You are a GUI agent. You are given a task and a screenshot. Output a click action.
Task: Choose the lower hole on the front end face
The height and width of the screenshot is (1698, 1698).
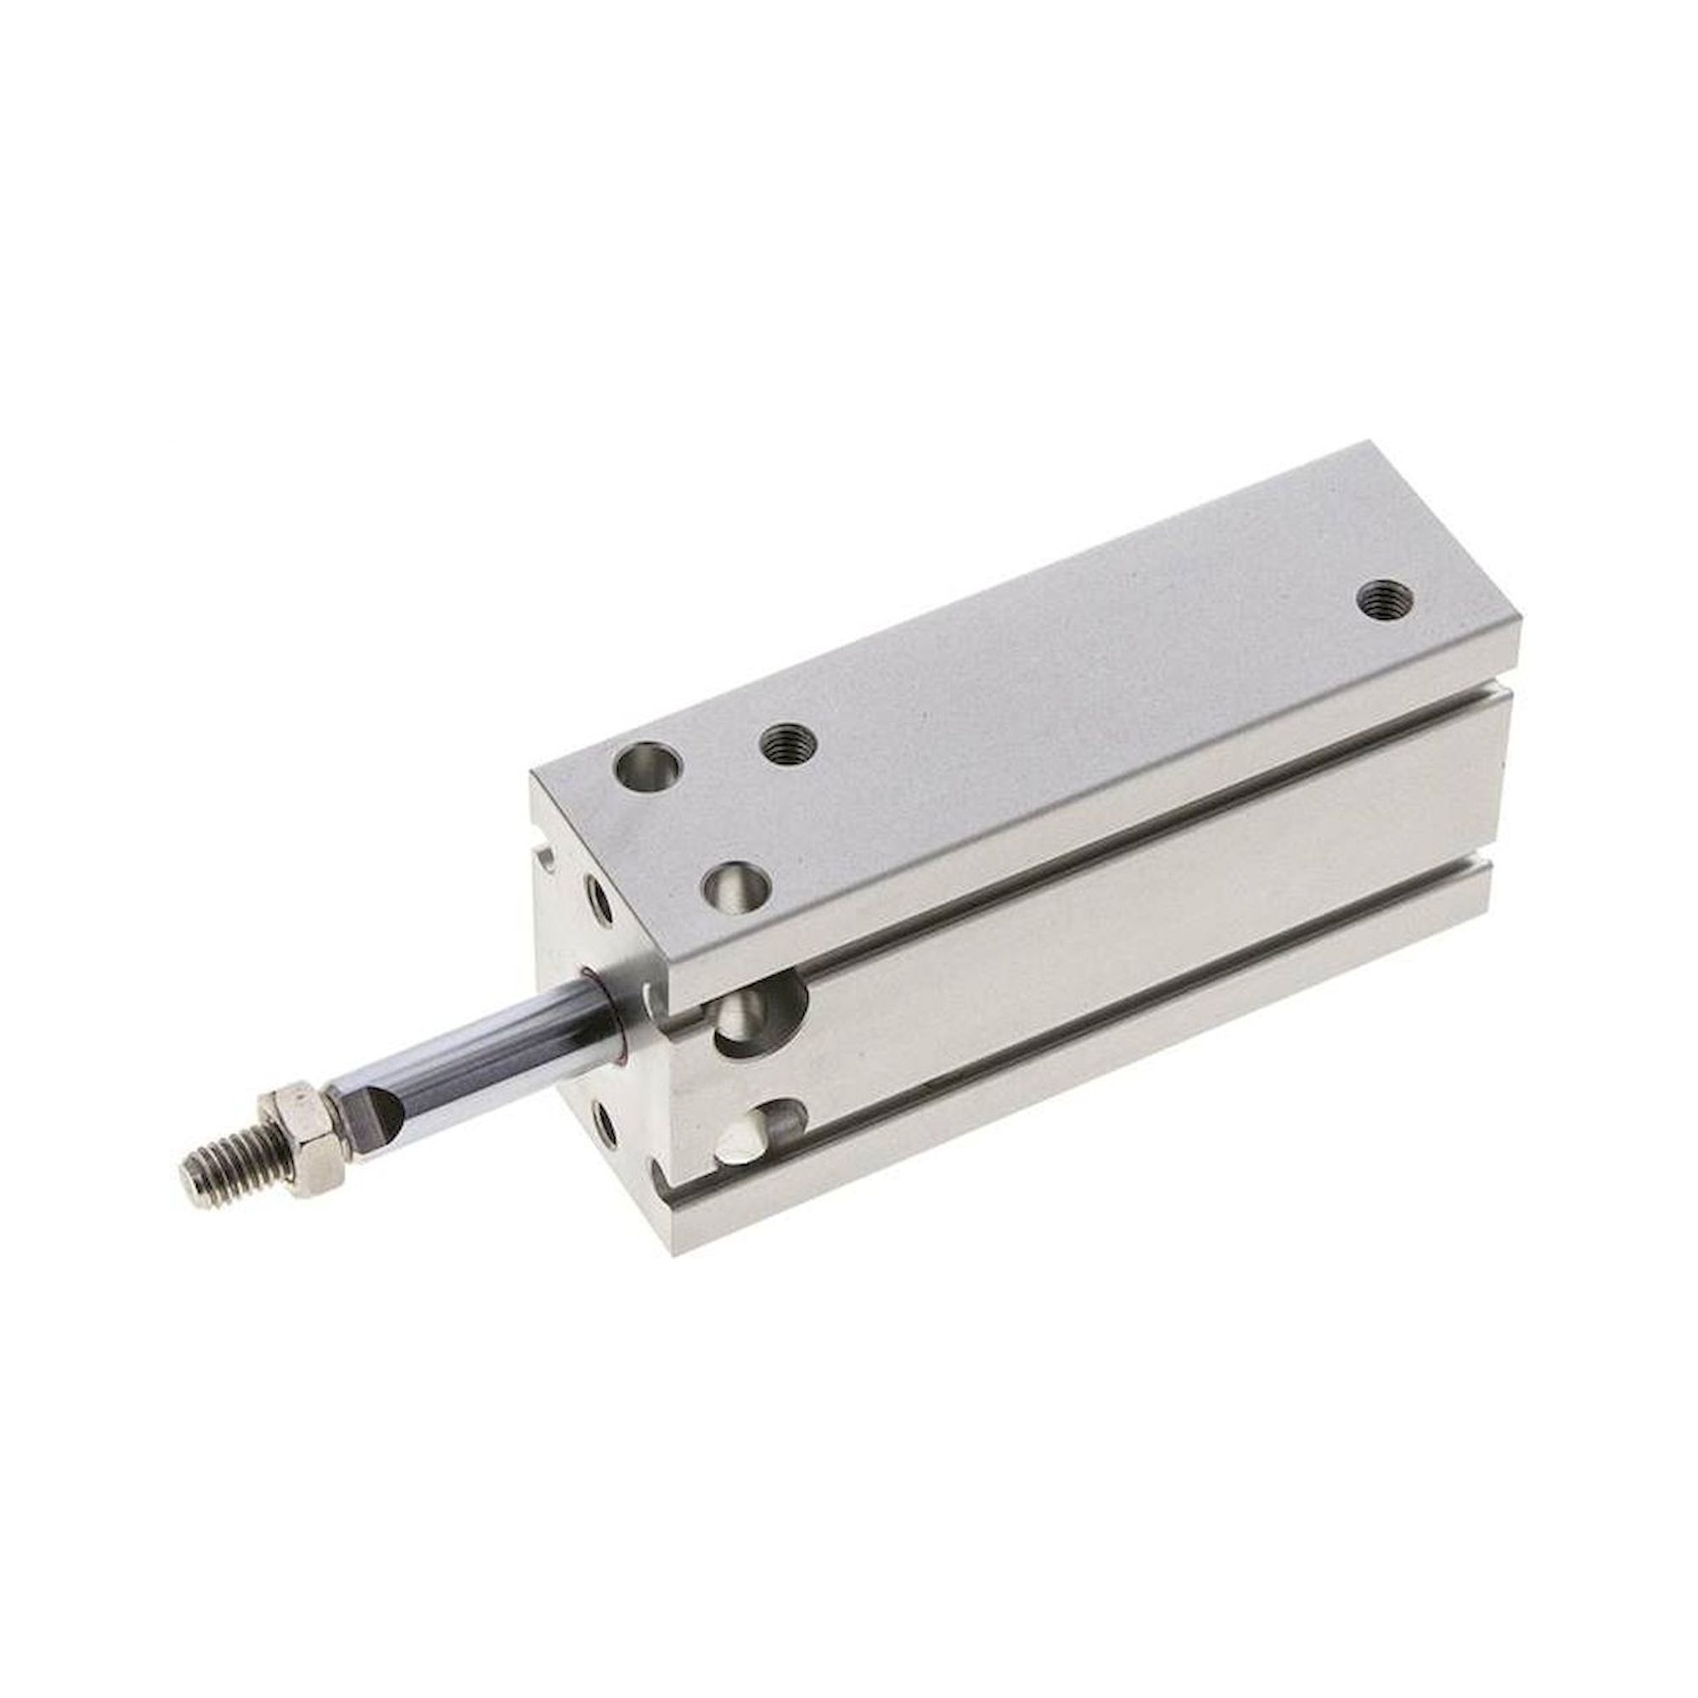pos(605,1123)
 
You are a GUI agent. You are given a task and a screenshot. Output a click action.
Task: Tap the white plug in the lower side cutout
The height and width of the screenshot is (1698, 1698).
pos(739,1144)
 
